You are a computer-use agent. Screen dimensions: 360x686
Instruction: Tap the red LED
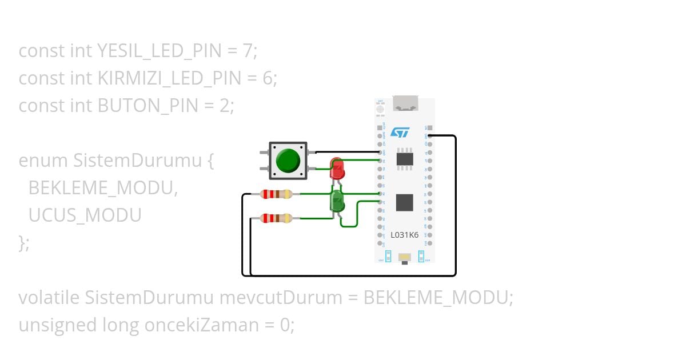click(337, 170)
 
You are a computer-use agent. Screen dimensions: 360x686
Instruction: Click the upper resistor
click(276, 194)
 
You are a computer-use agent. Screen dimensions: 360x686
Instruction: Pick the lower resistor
click(276, 218)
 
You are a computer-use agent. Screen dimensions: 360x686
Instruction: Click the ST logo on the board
click(400, 133)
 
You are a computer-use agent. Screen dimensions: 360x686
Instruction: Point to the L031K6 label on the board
click(404, 235)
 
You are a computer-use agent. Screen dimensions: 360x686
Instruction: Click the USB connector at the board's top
click(405, 104)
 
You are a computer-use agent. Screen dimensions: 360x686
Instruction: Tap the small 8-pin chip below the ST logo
click(405, 158)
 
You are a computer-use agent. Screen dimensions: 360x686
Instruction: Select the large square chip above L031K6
click(405, 202)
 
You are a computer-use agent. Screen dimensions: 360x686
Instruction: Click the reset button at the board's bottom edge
click(405, 258)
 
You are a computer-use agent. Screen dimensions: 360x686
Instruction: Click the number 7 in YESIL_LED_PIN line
click(247, 51)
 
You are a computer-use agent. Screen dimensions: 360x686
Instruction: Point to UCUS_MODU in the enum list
click(85, 215)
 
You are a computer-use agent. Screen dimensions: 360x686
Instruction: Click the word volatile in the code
click(49, 298)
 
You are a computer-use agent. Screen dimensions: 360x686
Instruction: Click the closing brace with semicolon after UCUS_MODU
click(24, 243)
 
